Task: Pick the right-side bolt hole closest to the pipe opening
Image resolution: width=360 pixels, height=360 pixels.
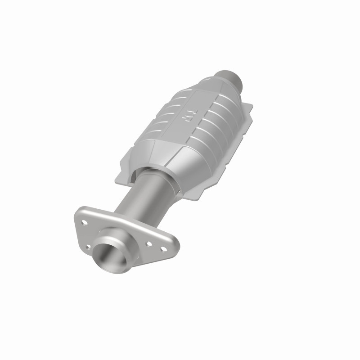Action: point(149,244)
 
